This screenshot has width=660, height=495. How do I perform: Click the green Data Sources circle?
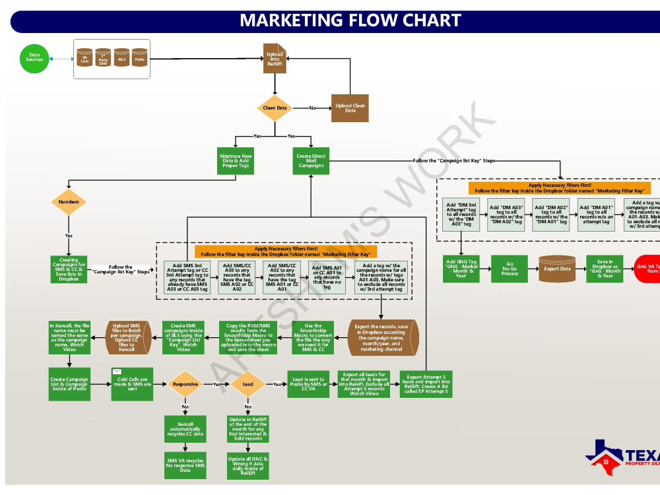[x=34, y=58]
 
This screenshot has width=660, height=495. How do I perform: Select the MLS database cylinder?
[x=121, y=59]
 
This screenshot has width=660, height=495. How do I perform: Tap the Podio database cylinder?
[x=139, y=59]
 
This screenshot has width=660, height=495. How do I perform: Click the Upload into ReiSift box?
[x=275, y=57]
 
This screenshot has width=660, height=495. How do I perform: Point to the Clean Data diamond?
[x=275, y=108]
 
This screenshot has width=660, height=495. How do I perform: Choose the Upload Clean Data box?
[x=350, y=108]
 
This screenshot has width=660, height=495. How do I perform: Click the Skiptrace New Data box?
[x=236, y=160]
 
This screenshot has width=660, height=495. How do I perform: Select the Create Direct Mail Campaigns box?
[x=310, y=160]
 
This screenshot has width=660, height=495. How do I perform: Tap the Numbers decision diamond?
[x=69, y=202]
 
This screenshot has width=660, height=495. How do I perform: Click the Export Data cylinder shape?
[x=556, y=269]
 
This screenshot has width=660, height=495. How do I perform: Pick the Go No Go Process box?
[x=510, y=269]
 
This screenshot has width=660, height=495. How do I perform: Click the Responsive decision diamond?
[x=185, y=383]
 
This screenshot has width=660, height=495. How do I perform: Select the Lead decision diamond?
[x=248, y=383]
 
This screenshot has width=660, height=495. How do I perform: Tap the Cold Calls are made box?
[x=132, y=383]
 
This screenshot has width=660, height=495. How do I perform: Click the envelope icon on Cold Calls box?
[x=117, y=371]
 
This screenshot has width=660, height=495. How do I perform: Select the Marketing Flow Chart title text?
[x=350, y=20]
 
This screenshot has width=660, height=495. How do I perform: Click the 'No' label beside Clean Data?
[x=312, y=108]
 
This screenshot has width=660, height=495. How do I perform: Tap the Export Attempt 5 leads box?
[x=426, y=383]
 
